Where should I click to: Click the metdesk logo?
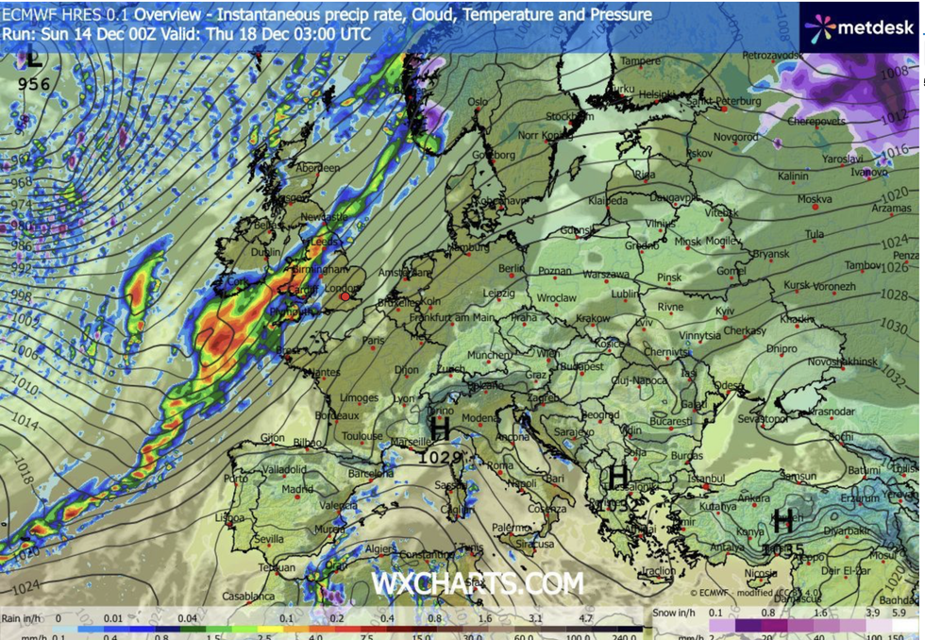[860, 27]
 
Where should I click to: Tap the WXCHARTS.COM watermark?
[477, 583]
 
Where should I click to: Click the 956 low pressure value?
[34, 83]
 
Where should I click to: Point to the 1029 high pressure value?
[441, 457]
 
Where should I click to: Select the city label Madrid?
[297, 489]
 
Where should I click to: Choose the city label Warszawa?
[580, 275]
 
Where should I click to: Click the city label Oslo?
[479, 102]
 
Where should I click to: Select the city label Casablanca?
[250, 597]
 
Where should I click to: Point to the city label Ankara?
[754, 498]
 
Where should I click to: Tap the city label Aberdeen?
[317, 167]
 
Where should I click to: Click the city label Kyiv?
[725, 310]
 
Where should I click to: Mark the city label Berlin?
[511, 268]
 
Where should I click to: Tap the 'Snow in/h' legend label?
[678, 618]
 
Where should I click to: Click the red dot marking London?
[345, 296]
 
